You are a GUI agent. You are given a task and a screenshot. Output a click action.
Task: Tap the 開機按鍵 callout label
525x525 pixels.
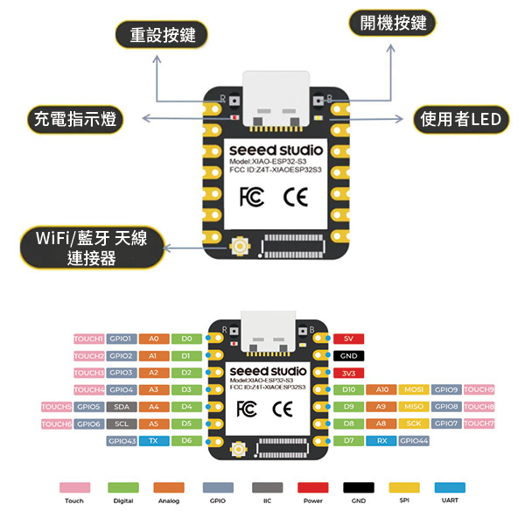(x=392, y=24)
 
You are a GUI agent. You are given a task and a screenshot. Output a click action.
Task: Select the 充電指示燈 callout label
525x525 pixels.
(x=73, y=118)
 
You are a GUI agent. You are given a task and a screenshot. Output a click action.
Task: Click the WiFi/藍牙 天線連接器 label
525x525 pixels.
(x=91, y=248)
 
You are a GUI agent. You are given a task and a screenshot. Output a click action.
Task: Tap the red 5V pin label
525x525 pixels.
(x=348, y=339)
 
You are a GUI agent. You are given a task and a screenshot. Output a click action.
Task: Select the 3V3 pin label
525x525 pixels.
(x=348, y=373)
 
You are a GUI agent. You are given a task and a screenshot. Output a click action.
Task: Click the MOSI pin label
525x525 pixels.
(x=413, y=389)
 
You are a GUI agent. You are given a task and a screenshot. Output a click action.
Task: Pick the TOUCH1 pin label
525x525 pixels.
(x=89, y=339)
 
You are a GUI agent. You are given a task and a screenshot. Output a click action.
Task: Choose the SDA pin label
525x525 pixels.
(x=121, y=407)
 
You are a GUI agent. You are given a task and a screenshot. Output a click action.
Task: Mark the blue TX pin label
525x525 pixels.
(x=153, y=441)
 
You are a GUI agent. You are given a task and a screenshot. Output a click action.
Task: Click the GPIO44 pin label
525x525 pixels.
(x=414, y=441)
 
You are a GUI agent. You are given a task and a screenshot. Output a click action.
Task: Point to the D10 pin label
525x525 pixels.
(x=348, y=389)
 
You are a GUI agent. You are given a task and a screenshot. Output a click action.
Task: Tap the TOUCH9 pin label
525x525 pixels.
(x=479, y=389)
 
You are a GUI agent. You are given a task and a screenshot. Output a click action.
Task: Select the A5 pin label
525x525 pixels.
(x=153, y=423)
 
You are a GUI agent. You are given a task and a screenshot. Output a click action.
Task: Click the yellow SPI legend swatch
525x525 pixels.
(x=404, y=487)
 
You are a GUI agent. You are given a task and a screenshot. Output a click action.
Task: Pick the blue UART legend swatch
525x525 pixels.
(x=450, y=487)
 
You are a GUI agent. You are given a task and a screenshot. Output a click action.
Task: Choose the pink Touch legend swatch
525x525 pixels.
(x=74, y=487)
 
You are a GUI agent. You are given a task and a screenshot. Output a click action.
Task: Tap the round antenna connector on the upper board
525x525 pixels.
(x=238, y=249)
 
